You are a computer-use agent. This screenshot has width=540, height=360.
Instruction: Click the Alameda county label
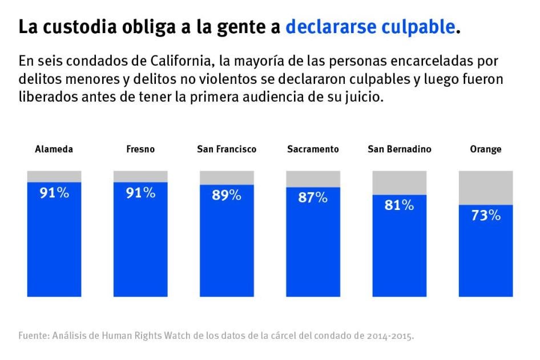click(x=54, y=149)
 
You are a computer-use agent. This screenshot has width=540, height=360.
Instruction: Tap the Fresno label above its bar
click(x=140, y=149)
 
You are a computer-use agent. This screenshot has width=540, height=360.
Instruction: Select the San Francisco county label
click(x=227, y=149)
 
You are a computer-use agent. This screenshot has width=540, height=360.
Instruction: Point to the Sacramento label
click(x=313, y=149)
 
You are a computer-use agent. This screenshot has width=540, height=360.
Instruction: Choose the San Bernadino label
click(x=399, y=149)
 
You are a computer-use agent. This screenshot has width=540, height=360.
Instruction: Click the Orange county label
click(x=485, y=149)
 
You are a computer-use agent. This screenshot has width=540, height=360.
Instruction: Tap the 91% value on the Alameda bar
click(x=54, y=193)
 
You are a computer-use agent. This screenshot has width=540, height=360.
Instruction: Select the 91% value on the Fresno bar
click(x=140, y=193)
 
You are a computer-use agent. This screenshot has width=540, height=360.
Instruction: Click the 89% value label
click(x=227, y=196)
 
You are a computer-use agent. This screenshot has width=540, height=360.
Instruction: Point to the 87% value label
click(x=313, y=198)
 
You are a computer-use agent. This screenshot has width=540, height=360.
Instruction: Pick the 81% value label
click(x=399, y=205)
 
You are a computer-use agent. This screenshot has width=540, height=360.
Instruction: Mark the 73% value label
click(x=486, y=216)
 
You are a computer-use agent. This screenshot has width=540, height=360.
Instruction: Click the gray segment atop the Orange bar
click(x=486, y=187)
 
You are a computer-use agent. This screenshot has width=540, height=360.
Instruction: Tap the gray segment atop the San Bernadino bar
click(x=399, y=183)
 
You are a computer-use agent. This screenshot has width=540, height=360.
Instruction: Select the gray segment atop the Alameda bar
click(x=54, y=176)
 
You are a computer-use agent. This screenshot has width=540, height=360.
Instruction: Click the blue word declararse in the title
click(x=327, y=27)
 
